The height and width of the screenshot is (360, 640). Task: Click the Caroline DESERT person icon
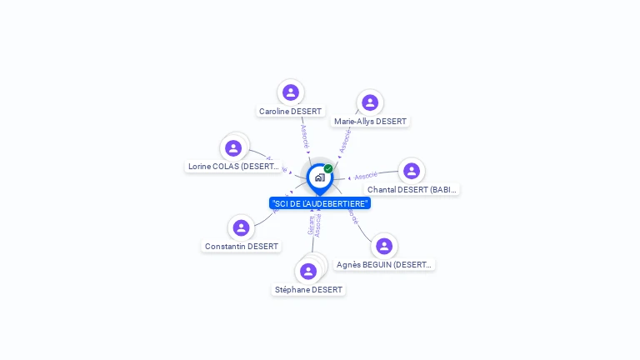tap(291, 92)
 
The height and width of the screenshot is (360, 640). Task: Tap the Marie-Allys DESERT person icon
tap(370, 102)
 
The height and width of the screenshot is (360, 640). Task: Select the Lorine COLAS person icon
tap(233, 148)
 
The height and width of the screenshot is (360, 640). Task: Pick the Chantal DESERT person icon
tap(411, 171)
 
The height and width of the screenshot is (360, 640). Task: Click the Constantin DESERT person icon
tap(241, 227)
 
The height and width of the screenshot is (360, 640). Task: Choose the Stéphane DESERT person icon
tap(308, 271)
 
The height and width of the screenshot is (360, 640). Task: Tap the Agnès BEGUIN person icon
tap(383, 246)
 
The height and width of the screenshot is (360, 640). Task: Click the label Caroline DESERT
tap(291, 112)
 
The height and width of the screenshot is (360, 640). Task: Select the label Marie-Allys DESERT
tap(370, 122)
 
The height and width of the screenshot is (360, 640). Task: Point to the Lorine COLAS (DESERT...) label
tap(233, 167)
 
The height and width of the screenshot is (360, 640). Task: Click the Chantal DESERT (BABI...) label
tap(412, 190)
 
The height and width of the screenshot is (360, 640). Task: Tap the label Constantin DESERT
tap(242, 247)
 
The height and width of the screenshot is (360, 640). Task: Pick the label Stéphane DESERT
tap(308, 290)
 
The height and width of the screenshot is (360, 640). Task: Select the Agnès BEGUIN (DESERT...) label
tap(384, 265)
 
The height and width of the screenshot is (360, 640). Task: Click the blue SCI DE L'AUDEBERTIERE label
tap(320, 203)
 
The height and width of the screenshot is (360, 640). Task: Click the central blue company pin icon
tap(319, 177)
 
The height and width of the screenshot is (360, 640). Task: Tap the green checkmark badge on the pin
tap(328, 168)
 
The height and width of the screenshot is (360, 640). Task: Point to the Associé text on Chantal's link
tap(366, 176)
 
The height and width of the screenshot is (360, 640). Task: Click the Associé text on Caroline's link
tap(305, 135)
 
